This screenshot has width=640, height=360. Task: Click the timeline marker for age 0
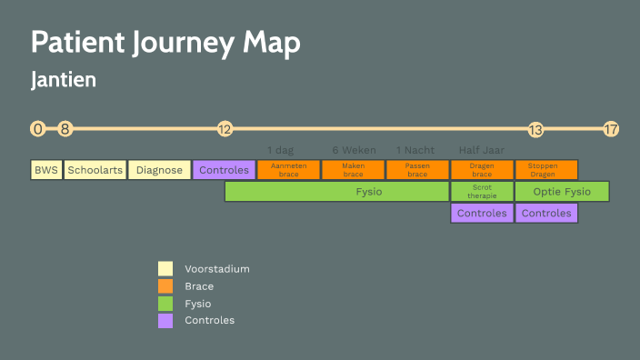[x=37, y=129]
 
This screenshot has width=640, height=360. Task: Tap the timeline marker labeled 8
[x=65, y=129]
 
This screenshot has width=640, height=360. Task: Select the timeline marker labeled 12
[x=225, y=129]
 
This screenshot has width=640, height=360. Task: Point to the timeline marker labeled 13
[x=535, y=129]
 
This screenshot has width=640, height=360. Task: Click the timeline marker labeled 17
[x=611, y=129]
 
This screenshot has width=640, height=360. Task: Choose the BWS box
[x=45, y=170]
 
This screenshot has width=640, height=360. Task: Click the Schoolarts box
[x=95, y=170]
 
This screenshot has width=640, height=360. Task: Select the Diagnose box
[x=159, y=170]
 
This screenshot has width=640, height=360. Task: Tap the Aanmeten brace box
[x=288, y=170]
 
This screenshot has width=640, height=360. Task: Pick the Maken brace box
[x=353, y=170]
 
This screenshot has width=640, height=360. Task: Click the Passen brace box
[x=417, y=170]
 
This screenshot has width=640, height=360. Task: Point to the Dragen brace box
[x=482, y=170]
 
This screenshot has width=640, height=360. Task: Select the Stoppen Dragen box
[x=546, y=170]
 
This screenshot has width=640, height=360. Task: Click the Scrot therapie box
[x=482, y=192]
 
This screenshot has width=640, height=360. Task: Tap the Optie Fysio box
[x=562, y=192]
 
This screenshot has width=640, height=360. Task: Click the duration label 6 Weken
[x=354, y=150]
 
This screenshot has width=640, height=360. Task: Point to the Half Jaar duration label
[x=482, y=150]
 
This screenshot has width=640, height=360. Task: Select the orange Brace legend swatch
[x=165, y=285]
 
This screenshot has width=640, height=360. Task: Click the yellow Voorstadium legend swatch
[x=165, y=269]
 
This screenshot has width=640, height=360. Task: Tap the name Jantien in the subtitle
[x=64, y=80]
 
